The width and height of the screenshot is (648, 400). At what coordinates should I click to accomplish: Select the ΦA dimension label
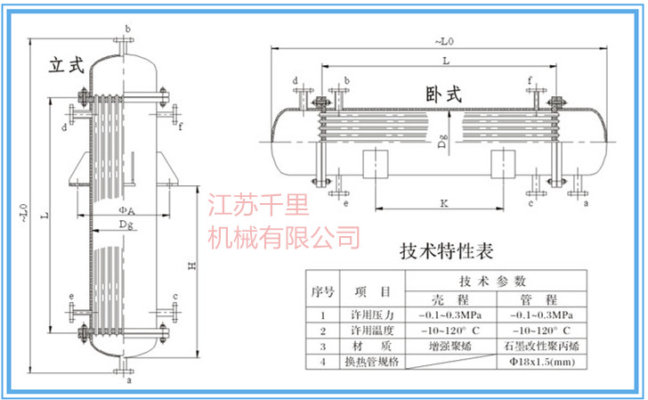(127, 211)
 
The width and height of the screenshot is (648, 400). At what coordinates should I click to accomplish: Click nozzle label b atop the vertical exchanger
(128, 30)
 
